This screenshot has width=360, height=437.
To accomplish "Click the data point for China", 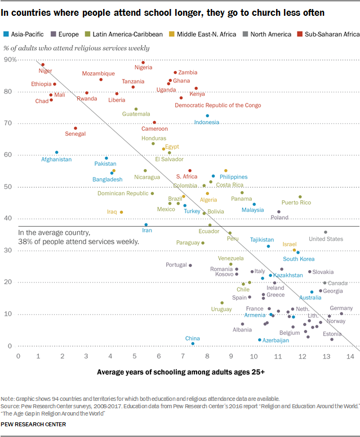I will (193, 343).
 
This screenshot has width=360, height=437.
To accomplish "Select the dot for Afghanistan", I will (56, 152).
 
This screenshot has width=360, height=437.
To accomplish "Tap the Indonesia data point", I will (207, 116).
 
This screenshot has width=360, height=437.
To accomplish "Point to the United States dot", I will (325, 232).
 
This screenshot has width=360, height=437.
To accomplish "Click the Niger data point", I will (43, 65).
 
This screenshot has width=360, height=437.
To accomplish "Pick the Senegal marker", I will (75, 128).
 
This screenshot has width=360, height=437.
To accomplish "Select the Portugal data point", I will (190, 265).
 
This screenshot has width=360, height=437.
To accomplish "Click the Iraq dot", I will (121, 212).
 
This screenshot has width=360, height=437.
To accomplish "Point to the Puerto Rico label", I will (296, 202).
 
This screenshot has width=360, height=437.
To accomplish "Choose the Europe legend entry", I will (65, 34).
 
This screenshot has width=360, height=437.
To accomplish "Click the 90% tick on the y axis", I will (10, 59).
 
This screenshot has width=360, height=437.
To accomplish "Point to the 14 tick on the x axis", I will (349, 356).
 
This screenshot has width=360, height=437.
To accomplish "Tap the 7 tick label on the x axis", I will (184, 356).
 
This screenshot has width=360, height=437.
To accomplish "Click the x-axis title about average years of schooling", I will (181, 372).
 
